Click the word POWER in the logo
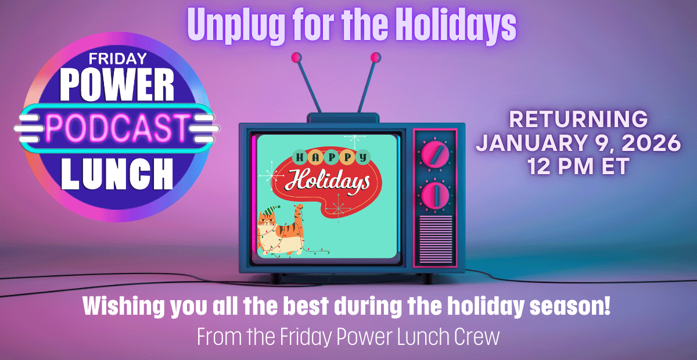click(118, 86)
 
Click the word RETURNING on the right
click(578, 120)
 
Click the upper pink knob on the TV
click(434, 154)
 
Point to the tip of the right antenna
click(375, 57)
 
